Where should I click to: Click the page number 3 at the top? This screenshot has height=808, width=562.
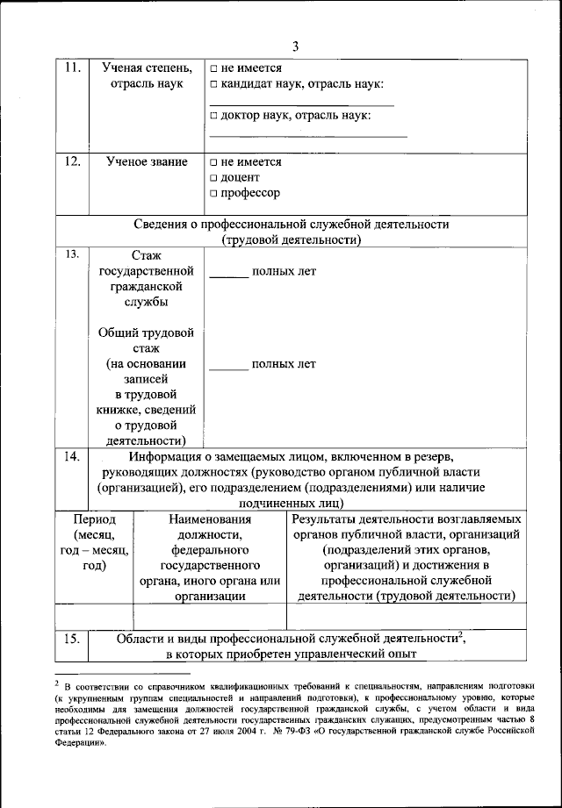pyautogui.click(x=295, y=46)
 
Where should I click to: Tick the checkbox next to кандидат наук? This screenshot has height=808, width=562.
pyautogui.click(x=214, y=83)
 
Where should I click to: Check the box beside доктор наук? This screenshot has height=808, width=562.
pyautogui.click(x=214, y=116)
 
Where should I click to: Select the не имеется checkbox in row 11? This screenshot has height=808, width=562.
pyautogui.click(x=214, y=68)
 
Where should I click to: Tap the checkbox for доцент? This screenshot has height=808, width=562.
pyautogui.click(x=214, y=177)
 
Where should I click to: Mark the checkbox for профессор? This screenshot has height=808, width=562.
pyautogui.click(x=214, y=193)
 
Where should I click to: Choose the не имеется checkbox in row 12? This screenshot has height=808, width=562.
pyautogui.click(x=214, y=162)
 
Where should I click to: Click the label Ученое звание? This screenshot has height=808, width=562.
pyautogui.click(x=147, y=162)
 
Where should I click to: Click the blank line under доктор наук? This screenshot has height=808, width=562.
pyautogui.click(x=308, y=136)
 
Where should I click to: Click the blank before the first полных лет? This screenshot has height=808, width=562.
pyautogui.click(x=228, y=274)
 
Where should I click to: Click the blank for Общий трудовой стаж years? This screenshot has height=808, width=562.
pyautogui.click(x=228, y=367)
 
